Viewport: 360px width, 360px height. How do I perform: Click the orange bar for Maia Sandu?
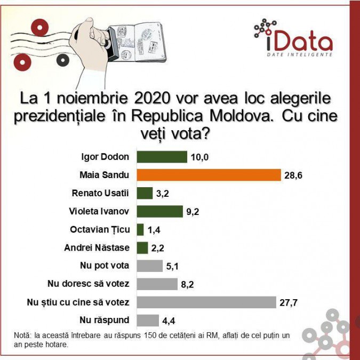pos(209,175)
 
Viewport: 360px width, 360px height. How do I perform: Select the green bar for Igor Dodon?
pos(162,157)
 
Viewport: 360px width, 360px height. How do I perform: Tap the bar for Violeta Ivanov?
pos(160,211)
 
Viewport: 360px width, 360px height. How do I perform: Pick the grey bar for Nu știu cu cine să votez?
pos(206,302)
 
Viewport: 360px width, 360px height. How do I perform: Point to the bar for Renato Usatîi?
pos(145,193)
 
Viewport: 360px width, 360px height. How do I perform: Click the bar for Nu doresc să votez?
pos(157,284)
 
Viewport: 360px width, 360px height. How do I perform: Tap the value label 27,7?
pos(289,302)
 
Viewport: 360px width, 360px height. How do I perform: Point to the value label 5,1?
pos(172,266)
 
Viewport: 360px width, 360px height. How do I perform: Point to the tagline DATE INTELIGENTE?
pos(300,54)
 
